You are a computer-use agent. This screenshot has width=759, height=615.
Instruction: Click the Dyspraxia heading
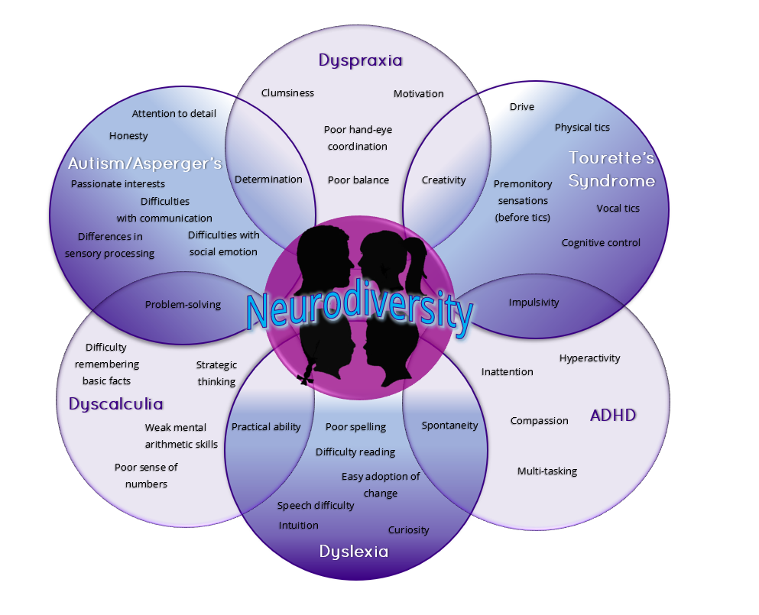360,60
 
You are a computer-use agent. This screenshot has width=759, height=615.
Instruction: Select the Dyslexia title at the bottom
354,552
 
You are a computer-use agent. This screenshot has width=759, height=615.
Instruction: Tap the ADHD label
613,416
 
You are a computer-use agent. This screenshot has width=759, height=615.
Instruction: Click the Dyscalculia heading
116,404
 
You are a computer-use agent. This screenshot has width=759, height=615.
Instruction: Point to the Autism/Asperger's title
144,163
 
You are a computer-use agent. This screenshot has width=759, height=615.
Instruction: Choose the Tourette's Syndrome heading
611,170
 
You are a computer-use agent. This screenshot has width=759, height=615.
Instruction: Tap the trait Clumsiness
287,93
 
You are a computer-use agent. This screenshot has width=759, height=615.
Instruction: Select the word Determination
268,180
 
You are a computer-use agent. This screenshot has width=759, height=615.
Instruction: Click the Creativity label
443,180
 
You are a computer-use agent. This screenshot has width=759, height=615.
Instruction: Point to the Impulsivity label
534,303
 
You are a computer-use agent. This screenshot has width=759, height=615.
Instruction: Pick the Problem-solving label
183,305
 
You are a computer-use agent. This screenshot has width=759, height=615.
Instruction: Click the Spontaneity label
449,426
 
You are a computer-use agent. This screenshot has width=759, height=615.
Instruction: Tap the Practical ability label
266,427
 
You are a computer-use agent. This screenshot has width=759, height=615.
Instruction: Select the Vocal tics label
618,209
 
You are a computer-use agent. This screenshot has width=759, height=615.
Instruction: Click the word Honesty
128,136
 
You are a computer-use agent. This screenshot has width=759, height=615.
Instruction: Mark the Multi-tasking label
547,471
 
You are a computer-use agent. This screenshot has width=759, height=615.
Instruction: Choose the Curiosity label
408,530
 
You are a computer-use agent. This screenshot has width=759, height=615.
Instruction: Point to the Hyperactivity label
589,358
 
